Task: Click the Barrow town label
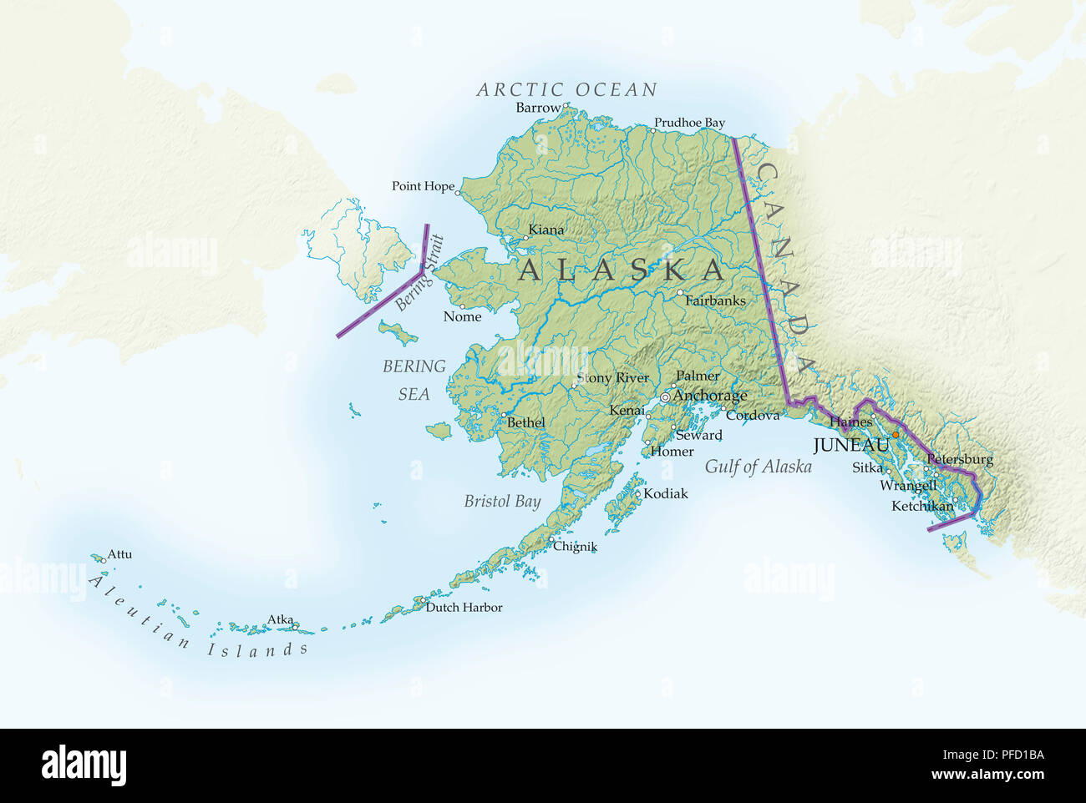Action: [538, 108]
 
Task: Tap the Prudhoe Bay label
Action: [689, 123]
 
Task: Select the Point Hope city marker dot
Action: [458, 193]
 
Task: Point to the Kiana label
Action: [546, 230]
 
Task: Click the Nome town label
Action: [462, 316]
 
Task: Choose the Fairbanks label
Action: [715, 300]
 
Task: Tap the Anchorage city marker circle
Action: [665, 397]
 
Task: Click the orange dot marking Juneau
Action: [895, 435]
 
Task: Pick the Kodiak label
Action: [666, 493]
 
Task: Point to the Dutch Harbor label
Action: [464, 607]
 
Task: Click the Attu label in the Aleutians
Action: [119, 554]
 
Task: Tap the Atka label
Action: [280, 619]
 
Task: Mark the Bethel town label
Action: [526, 422]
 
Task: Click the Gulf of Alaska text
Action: [758, 467]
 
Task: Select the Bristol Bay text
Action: [502, 502]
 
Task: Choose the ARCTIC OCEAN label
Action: [566, 89]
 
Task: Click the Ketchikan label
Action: [921, 506]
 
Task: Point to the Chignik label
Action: [576, 547]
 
